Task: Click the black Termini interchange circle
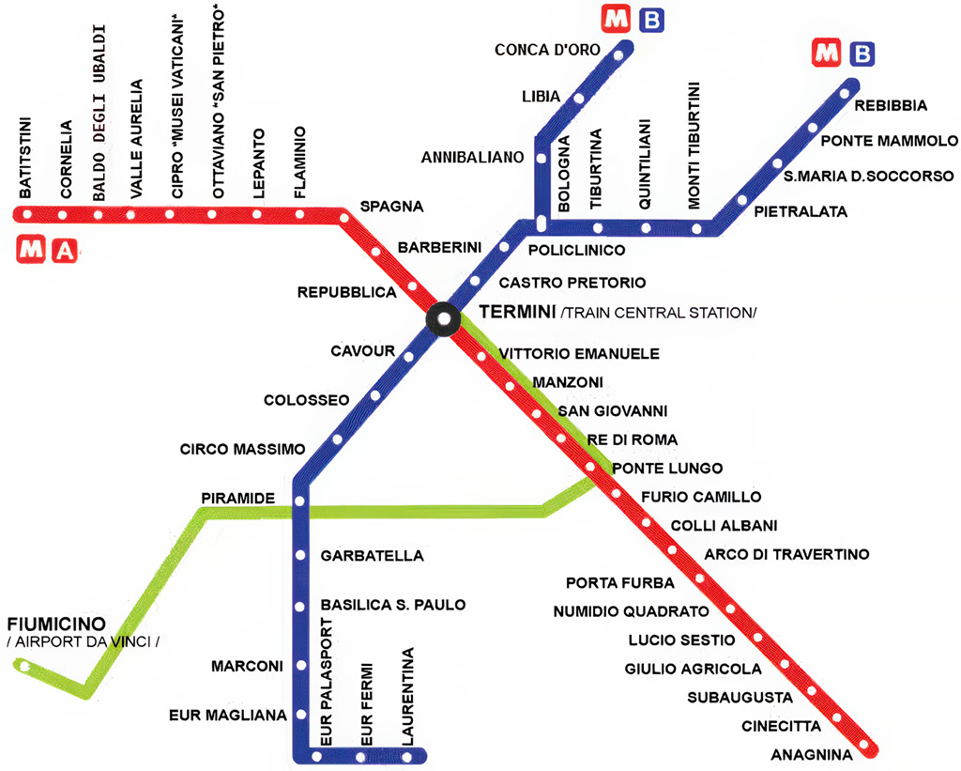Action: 443,317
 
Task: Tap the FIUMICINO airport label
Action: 55,625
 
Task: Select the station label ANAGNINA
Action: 811,755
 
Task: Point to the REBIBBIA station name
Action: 891,105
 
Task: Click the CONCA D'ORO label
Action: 542,50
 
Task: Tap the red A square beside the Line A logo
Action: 64,251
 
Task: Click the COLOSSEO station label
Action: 306,400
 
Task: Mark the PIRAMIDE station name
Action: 236,497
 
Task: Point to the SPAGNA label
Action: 391,206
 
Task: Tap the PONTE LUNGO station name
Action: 666,468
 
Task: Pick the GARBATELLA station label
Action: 372,556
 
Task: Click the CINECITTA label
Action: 781,726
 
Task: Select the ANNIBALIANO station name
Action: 471,157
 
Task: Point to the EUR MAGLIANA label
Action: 227,716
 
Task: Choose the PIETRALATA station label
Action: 801,212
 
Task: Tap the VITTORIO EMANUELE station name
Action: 579,354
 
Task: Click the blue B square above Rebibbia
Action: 862,54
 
